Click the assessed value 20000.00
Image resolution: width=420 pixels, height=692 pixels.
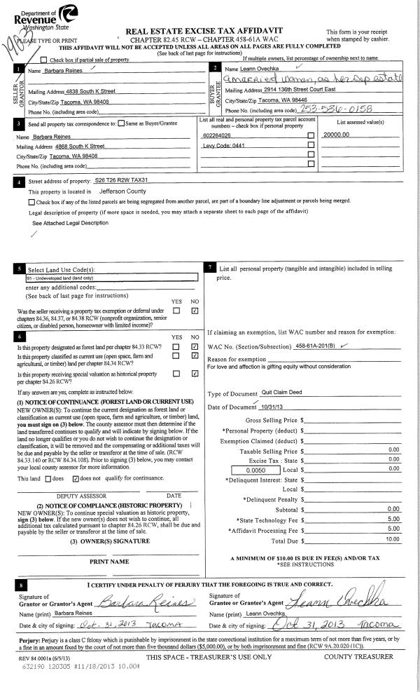338,134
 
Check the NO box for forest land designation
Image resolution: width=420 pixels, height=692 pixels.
195,346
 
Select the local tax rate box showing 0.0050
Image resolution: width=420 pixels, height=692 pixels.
237,469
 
